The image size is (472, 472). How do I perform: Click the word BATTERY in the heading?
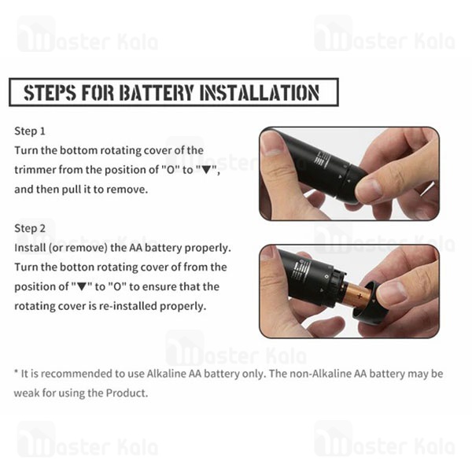pos(157,92)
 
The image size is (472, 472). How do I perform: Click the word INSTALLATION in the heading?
pos(260,92)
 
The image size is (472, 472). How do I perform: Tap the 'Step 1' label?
pos(30,131)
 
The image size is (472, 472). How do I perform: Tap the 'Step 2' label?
pos(30,228)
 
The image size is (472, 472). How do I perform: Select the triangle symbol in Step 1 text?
pos(206,171)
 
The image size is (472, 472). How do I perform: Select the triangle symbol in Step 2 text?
pos(82,287)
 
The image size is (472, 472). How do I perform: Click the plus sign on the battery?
pos(360,297)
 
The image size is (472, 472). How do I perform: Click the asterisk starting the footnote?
pos(17,372)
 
